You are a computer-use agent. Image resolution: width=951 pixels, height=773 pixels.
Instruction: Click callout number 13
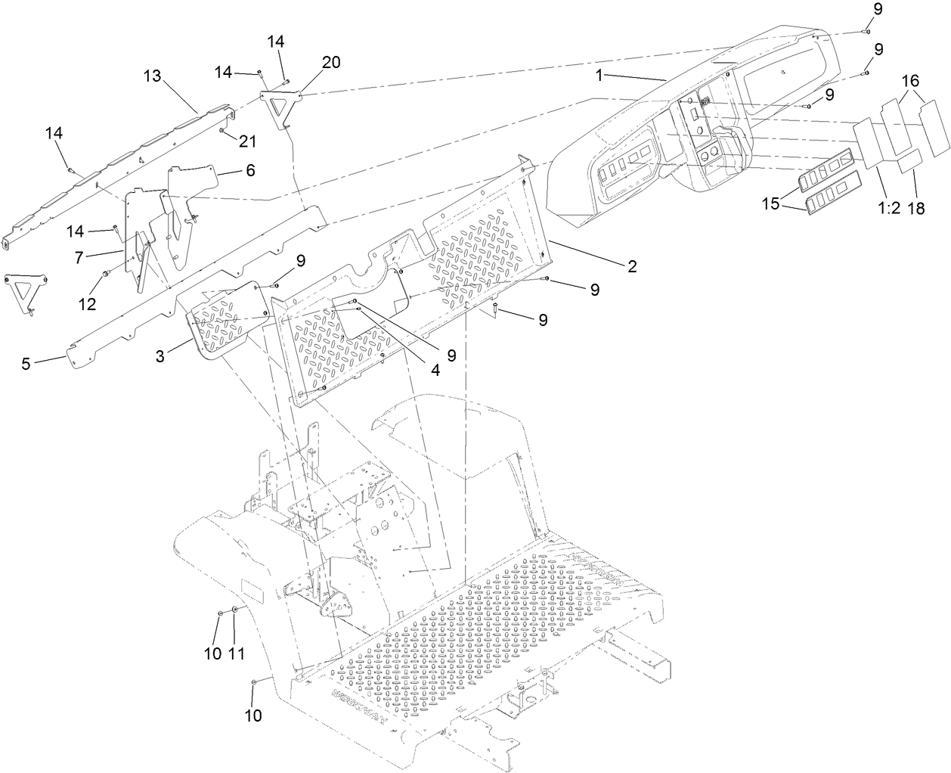(153, 76)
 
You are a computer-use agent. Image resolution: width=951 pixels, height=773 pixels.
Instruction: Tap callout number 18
(916, 209)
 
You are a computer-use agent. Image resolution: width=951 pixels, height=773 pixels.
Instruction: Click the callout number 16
(910, 80)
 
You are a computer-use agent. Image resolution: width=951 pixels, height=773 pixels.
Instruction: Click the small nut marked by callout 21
(221, 130)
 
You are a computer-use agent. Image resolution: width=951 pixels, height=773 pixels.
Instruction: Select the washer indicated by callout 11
(235, 610)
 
